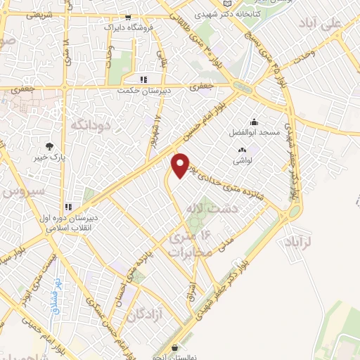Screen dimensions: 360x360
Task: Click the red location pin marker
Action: (x=181, y=165)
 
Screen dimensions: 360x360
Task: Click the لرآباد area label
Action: (x=299, y=243)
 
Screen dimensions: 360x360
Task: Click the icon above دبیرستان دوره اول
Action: (x=68, y=207)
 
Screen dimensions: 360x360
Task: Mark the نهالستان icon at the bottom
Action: (x=175, y=347)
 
